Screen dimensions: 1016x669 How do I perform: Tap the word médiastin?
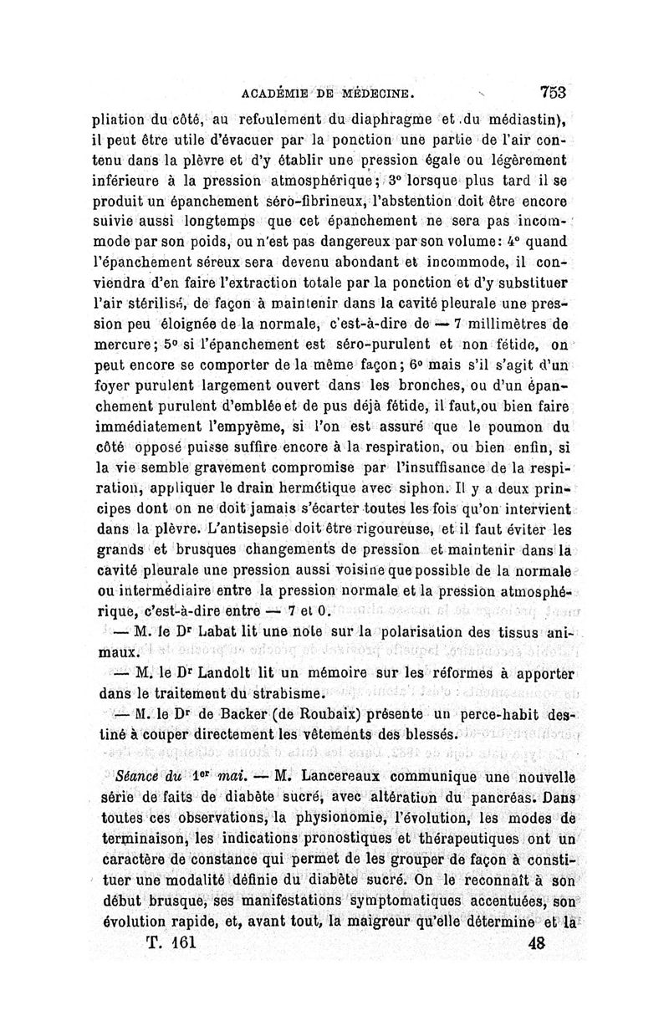[534, 117]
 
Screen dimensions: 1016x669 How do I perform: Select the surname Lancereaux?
[354, 775]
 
